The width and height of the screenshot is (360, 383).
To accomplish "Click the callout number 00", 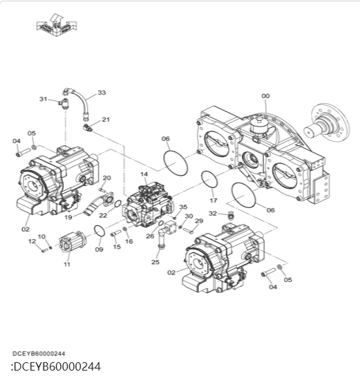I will click(x=265, y=96).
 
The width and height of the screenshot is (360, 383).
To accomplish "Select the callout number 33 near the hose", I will click(x=102, y=93).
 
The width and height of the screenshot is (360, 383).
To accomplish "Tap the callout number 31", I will click(x=43, y=100).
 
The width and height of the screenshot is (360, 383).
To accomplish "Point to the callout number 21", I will click(x=106, y=120).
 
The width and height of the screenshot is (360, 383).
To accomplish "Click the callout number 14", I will click(x=144, y=174).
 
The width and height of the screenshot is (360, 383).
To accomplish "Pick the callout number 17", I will click(x=214, y=200).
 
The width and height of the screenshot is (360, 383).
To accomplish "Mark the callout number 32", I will click(x=213, y=214).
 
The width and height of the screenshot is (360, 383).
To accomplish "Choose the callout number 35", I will click(x=183, y=207).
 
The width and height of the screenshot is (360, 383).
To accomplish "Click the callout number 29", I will click(x=199, y=221).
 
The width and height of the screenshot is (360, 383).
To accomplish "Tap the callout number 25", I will click(x=155, y=262).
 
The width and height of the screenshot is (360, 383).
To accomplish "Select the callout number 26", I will click(x=150, y=236).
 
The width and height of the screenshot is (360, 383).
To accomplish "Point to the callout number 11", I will click(x=67, y=264).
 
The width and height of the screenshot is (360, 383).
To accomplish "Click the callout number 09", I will click(x=99, y=249).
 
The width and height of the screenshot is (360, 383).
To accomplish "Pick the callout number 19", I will click(x=68, y=217).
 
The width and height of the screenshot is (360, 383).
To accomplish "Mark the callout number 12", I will click(x=32, y=241).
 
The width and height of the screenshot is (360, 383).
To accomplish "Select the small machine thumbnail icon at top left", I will click(x=55, y=26).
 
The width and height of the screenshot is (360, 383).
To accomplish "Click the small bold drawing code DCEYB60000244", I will click(x=39, y=353).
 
